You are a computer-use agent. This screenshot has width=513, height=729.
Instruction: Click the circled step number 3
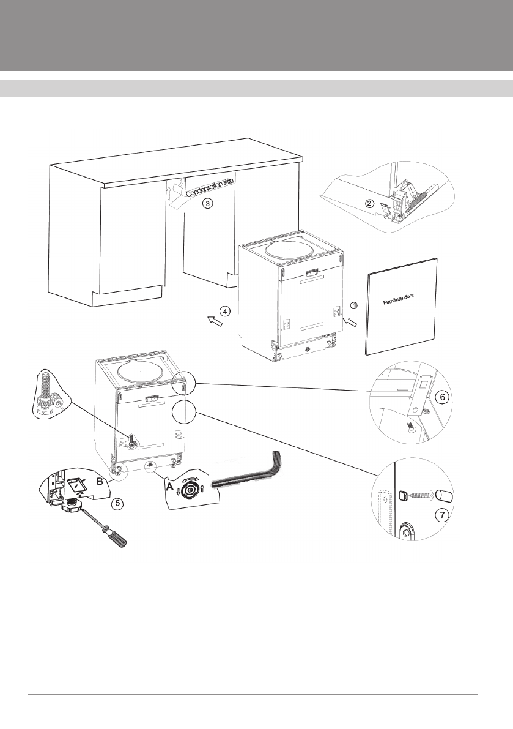tap(207, 204)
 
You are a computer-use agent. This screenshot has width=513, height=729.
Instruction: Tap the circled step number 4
tap(226, 311)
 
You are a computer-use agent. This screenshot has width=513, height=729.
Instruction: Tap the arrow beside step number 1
tap(351, 320)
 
